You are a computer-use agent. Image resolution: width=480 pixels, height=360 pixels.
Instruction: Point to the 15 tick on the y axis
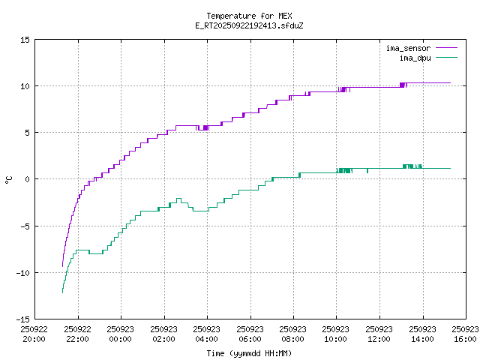pyautogui.click(x=25, y=39)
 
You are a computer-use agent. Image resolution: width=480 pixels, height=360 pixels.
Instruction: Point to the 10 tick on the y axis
pyautogui.click(x=25, y=85)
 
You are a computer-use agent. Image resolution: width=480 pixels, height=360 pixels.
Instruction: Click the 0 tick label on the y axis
pyautogui.click(x=28, y=178)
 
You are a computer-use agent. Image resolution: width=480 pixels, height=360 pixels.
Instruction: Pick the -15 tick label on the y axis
pyautogui.click(x=23, y=319)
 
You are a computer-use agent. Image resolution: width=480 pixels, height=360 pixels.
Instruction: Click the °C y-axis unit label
pyautogui.click(x=9, y=179)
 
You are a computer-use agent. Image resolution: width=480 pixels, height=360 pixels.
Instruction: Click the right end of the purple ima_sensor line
pyautogui.click(x=450, y=82)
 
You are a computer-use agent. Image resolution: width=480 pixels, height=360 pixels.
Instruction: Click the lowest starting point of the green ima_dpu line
pyautogui.click(x=62, y=292)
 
